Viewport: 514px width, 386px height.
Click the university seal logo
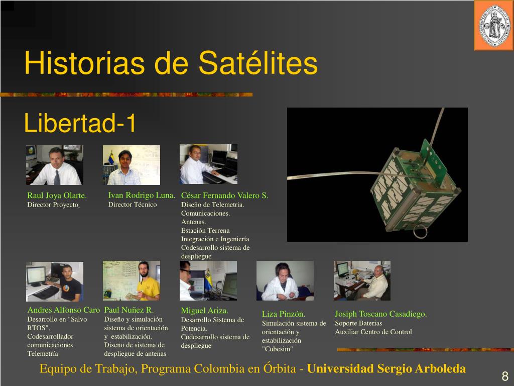tap(494, 26)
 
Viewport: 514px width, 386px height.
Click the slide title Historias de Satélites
tap(171, 63)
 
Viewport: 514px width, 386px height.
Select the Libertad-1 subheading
tap(80, 123)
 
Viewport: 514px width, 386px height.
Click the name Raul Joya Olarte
tap(57, 196)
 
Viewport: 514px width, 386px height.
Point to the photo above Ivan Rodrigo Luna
tap(132, 165)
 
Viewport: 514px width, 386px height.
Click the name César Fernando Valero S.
tap(224, 196)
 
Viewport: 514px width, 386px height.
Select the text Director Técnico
tap(133, 205)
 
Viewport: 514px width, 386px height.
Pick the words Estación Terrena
tap(205, 230)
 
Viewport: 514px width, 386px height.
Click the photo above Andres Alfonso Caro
tap(55, 281)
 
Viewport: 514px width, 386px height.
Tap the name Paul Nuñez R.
tap(129, 310)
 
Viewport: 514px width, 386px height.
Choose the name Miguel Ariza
tap(205, 311)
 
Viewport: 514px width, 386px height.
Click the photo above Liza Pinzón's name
tap(285, 280)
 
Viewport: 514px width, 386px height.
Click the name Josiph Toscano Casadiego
tap(381, 314)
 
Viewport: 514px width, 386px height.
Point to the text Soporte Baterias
tap(358, 323)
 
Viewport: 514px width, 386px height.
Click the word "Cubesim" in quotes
tap(277, 349)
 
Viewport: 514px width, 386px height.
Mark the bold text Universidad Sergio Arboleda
tap(387, 368)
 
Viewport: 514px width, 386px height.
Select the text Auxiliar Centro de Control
tap(373, 332)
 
